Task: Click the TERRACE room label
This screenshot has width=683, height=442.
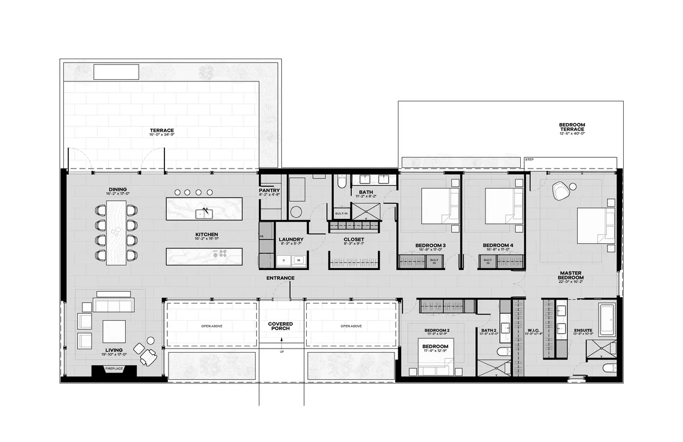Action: (161, 130)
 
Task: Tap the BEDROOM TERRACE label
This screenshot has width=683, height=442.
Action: (571, 126)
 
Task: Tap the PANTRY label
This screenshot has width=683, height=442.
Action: (269, 191)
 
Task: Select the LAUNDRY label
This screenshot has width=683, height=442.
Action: (290, 239)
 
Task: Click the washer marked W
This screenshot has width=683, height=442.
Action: (298, 261)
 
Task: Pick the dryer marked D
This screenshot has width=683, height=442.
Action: (283, 261)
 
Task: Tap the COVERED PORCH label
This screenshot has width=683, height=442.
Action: (280, 326)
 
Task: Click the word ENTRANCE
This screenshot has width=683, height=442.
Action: (280, 278)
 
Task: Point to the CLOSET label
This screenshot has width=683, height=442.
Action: (355, 240)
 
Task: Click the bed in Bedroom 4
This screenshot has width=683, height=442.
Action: (504, 206)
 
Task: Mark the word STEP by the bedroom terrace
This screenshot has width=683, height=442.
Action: (529, 159)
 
